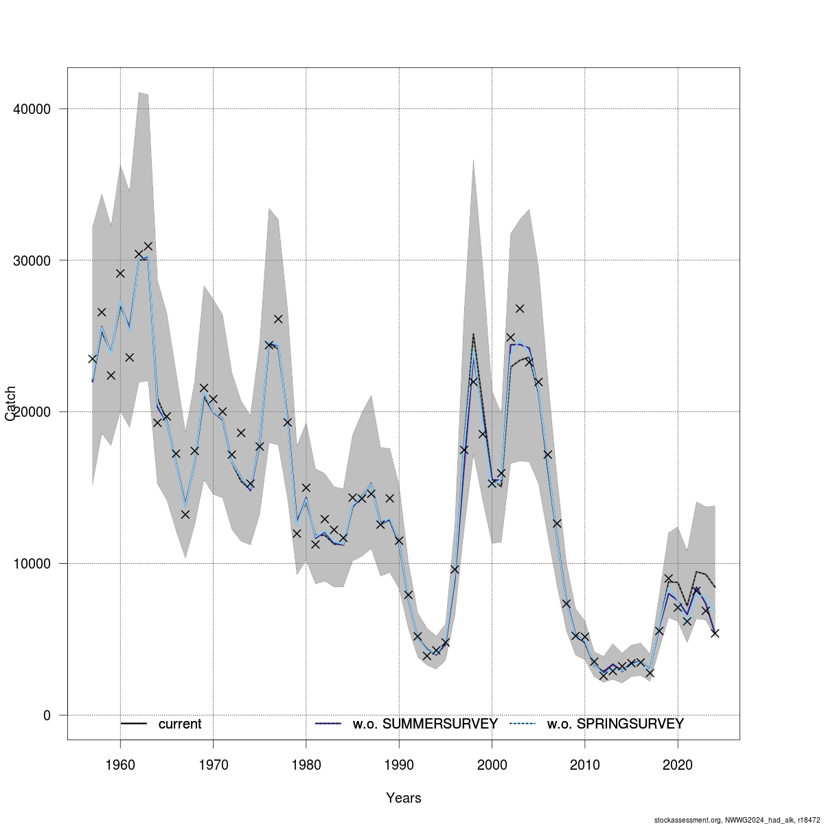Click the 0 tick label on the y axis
46,716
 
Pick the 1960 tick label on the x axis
120,763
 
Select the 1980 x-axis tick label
306,763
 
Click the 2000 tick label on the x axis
492,763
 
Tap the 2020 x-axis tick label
678,763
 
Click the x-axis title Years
404,798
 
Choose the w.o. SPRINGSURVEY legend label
615,724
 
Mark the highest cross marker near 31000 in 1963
148,246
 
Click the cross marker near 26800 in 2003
520,308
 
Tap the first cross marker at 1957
92,358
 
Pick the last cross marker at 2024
715,633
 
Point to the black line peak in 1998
473,334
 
